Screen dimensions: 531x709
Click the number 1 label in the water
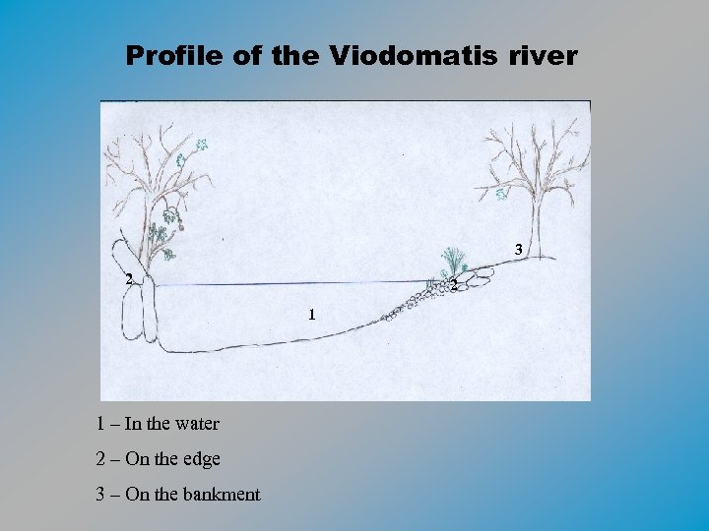tap(311, 316)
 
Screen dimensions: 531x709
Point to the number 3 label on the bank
tap(519, 250)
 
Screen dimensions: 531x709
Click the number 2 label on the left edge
tap(128, 278)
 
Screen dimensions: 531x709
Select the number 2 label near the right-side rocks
tap(452, 286)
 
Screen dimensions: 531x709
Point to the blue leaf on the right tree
tap(501, 194)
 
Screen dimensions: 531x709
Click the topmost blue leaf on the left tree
tap(202, 145)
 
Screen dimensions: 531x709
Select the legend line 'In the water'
tap(158, 424)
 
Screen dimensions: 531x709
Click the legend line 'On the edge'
tap(158, 458)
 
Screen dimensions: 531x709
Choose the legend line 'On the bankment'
tap(177, 494)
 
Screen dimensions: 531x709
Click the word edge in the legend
tap(202, 459)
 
